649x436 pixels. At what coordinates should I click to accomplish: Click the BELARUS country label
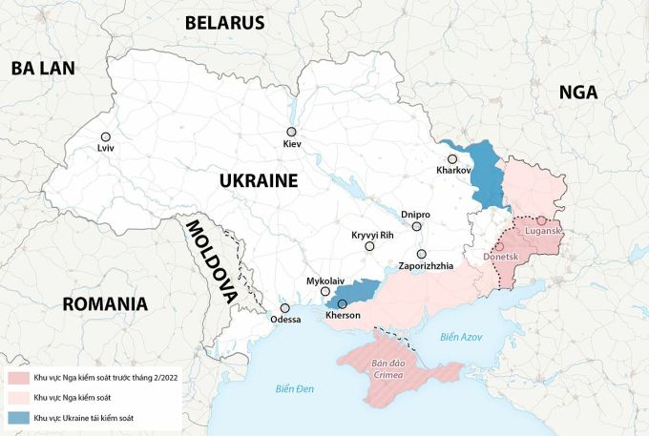click(x=224, y=23)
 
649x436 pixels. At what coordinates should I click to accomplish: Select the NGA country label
click(x=578, y=92)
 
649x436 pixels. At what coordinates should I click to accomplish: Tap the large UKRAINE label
click(x=258, y=180)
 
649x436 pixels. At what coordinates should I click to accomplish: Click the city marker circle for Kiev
click(x=292, y=132)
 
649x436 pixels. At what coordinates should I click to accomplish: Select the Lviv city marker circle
click(x=105, y=135)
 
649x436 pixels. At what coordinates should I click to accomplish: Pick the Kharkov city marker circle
click(x=453, y=158)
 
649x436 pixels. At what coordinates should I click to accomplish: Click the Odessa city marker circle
click(x=284, y=308)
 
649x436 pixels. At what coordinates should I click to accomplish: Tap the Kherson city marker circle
click(x=343, y=302)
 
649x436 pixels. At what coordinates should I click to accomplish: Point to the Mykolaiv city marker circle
click(x=325, y=292)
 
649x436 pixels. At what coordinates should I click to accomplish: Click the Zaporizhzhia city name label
click(x=425, y=266)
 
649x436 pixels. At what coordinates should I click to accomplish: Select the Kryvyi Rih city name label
click(x=373, y=234)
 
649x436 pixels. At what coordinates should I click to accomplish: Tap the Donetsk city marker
click(x=499, y=246)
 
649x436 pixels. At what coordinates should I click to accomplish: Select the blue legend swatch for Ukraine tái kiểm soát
click(x=17, y=418)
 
